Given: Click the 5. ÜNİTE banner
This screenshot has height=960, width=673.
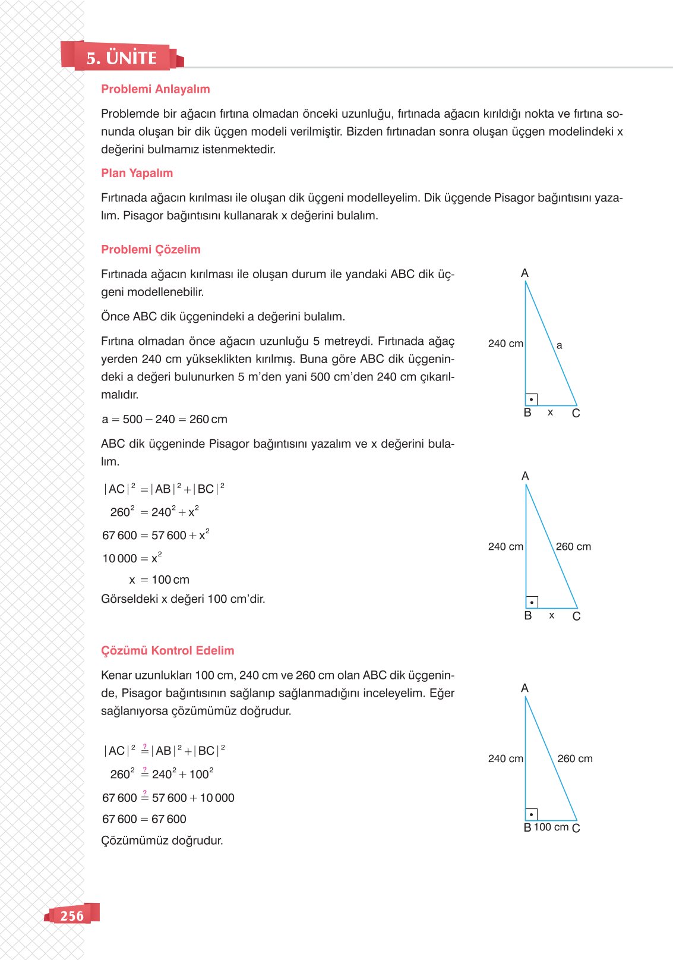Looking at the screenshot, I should click(x=121, y=58).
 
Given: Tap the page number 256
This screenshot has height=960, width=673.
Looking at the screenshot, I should click(x=72, y=915).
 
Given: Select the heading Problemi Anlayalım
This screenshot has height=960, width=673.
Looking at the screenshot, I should click(x=155, y=89).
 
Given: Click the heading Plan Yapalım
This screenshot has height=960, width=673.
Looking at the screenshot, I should click(x=137, y=173).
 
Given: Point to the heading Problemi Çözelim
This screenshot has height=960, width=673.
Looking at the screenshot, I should click(x=150, y=250).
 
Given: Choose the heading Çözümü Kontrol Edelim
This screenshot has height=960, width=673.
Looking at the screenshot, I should click(x=168, y=650).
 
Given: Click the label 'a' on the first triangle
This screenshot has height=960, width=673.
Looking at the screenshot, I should click(x=559, y=345).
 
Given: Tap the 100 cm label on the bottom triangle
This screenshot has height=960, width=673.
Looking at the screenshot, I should click(x=551, y=827).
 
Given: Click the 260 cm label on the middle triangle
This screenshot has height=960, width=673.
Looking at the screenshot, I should click(x=573, y=546).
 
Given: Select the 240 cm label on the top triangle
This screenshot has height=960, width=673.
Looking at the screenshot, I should click(x=505, y=344).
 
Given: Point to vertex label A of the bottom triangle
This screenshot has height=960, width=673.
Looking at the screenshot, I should click(x=525, y=688).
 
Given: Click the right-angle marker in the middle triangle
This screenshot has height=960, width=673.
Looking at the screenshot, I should click(x=532, y=602).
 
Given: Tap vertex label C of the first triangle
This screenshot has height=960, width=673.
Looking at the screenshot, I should click(x=576, y=413).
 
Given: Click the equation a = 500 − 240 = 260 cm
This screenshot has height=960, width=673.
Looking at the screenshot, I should click(x=165, y=419).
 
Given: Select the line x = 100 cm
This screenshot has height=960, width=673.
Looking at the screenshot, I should click(x=159, y=580).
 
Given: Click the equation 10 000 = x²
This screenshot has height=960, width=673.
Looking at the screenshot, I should click(x=132, y=558).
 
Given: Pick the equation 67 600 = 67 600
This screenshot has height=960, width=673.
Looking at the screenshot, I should click(x=144, y=819).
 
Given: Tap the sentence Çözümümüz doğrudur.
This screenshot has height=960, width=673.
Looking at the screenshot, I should click(x=162, y=841).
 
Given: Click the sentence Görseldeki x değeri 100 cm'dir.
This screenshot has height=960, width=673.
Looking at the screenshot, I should click(x=183, y=599).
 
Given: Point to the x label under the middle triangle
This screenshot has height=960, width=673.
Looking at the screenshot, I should click(x=552, y=616).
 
